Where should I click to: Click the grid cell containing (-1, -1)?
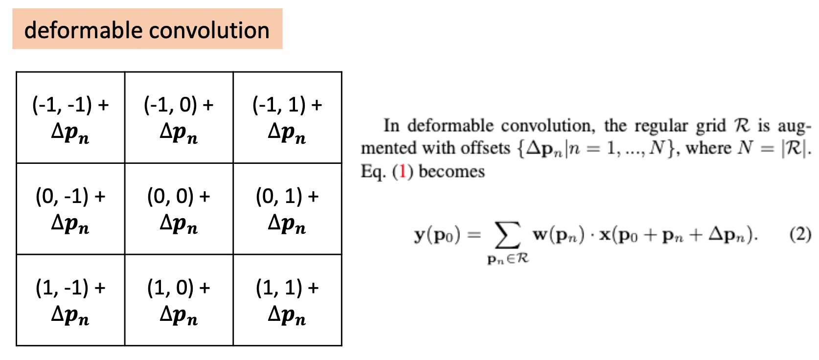(70, 118)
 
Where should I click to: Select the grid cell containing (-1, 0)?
(179, 118)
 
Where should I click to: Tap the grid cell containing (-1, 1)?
(287, 118)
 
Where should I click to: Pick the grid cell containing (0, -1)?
(70, 209)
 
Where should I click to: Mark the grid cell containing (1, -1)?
(70, 300)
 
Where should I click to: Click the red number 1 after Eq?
(403, 172)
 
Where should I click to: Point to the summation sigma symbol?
(507, 235)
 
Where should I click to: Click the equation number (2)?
(800, 235)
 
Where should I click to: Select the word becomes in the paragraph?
(452, 172)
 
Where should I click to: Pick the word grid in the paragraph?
(711, 126)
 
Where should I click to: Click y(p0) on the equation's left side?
(437, 236)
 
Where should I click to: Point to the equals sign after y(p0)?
(474, 235)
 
